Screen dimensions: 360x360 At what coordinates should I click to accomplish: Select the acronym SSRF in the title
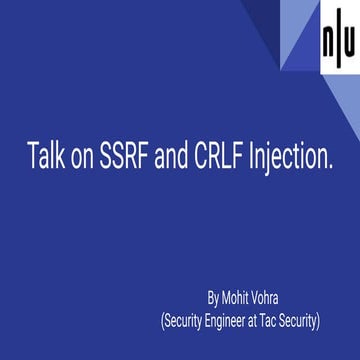tap(126, 157)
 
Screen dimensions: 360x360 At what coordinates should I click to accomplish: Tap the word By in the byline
tap(213, 297)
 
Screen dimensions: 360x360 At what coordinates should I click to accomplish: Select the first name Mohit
tap(239, 297)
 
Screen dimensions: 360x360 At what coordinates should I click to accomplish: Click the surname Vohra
tap(279, 297)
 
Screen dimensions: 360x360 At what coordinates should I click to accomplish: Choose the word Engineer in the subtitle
tap(239, 321)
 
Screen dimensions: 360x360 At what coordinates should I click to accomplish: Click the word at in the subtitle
tap(274, 320)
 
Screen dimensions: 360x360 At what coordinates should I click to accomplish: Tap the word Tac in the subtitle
tap(292, 320)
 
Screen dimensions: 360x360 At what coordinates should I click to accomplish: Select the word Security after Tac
tap(326, 320)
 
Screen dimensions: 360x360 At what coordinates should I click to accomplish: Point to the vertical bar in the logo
tap(338, 46)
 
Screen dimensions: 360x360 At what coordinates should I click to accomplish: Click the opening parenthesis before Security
tap(163, 321)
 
